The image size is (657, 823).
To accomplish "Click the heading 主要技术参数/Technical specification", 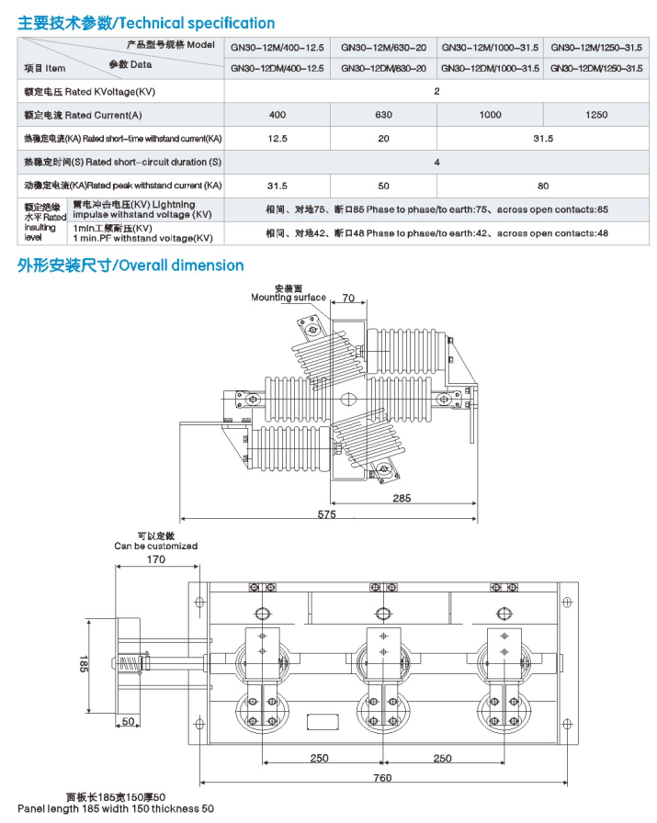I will (145, 23).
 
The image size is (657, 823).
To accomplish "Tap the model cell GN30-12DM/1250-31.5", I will (596, 68).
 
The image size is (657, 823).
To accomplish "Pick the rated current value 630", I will (383, 115).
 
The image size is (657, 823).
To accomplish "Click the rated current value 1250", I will (596, 115).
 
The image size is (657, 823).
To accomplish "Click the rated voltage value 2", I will (436, 91).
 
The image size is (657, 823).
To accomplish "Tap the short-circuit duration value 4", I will (436, 162).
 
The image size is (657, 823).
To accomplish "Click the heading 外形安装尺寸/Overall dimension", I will (130, 265).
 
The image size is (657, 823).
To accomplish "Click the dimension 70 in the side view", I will (348, 299).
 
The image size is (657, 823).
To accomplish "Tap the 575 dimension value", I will (326, 514).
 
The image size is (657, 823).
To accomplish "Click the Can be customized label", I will (155, 546).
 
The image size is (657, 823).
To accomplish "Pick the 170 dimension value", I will (155, 558).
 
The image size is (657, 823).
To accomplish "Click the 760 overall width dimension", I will (383, 778).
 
